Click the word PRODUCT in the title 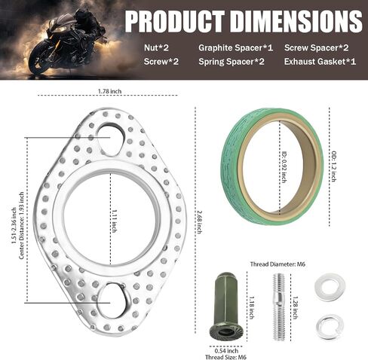click(174, 21)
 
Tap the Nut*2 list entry click(156, 47)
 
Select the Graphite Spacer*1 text click(235, 47)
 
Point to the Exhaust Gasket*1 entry click(320, 62)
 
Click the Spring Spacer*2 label click(232, 62)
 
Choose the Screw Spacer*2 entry click(316, 47)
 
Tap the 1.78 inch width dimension click(109, 91)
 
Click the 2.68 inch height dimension click(199, 222)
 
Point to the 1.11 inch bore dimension click(114, 221)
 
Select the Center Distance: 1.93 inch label click(22, 225)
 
